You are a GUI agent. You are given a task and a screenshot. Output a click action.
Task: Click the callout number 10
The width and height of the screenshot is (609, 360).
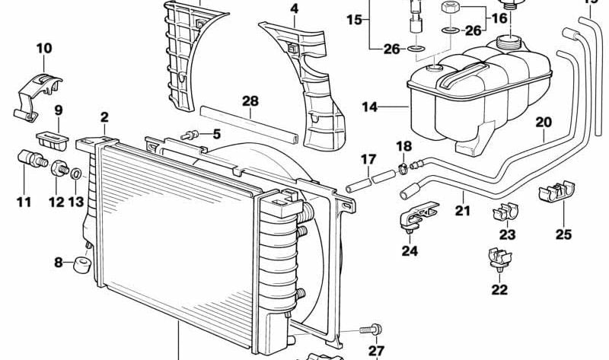click(44, 49)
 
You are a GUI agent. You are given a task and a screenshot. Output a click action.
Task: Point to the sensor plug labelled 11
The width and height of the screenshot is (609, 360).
click(30, 161)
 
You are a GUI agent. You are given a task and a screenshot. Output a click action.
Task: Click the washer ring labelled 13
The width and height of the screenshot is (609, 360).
click(77, 176)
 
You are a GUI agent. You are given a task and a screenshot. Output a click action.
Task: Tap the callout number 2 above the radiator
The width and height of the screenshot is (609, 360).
click(104, 117)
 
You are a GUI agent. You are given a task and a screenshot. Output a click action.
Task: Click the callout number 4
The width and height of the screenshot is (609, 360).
click(294, 10)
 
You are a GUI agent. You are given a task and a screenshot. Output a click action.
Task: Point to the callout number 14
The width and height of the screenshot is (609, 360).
click(369, 108)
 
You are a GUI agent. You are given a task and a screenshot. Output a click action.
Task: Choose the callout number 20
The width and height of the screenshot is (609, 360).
click(542, 121)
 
